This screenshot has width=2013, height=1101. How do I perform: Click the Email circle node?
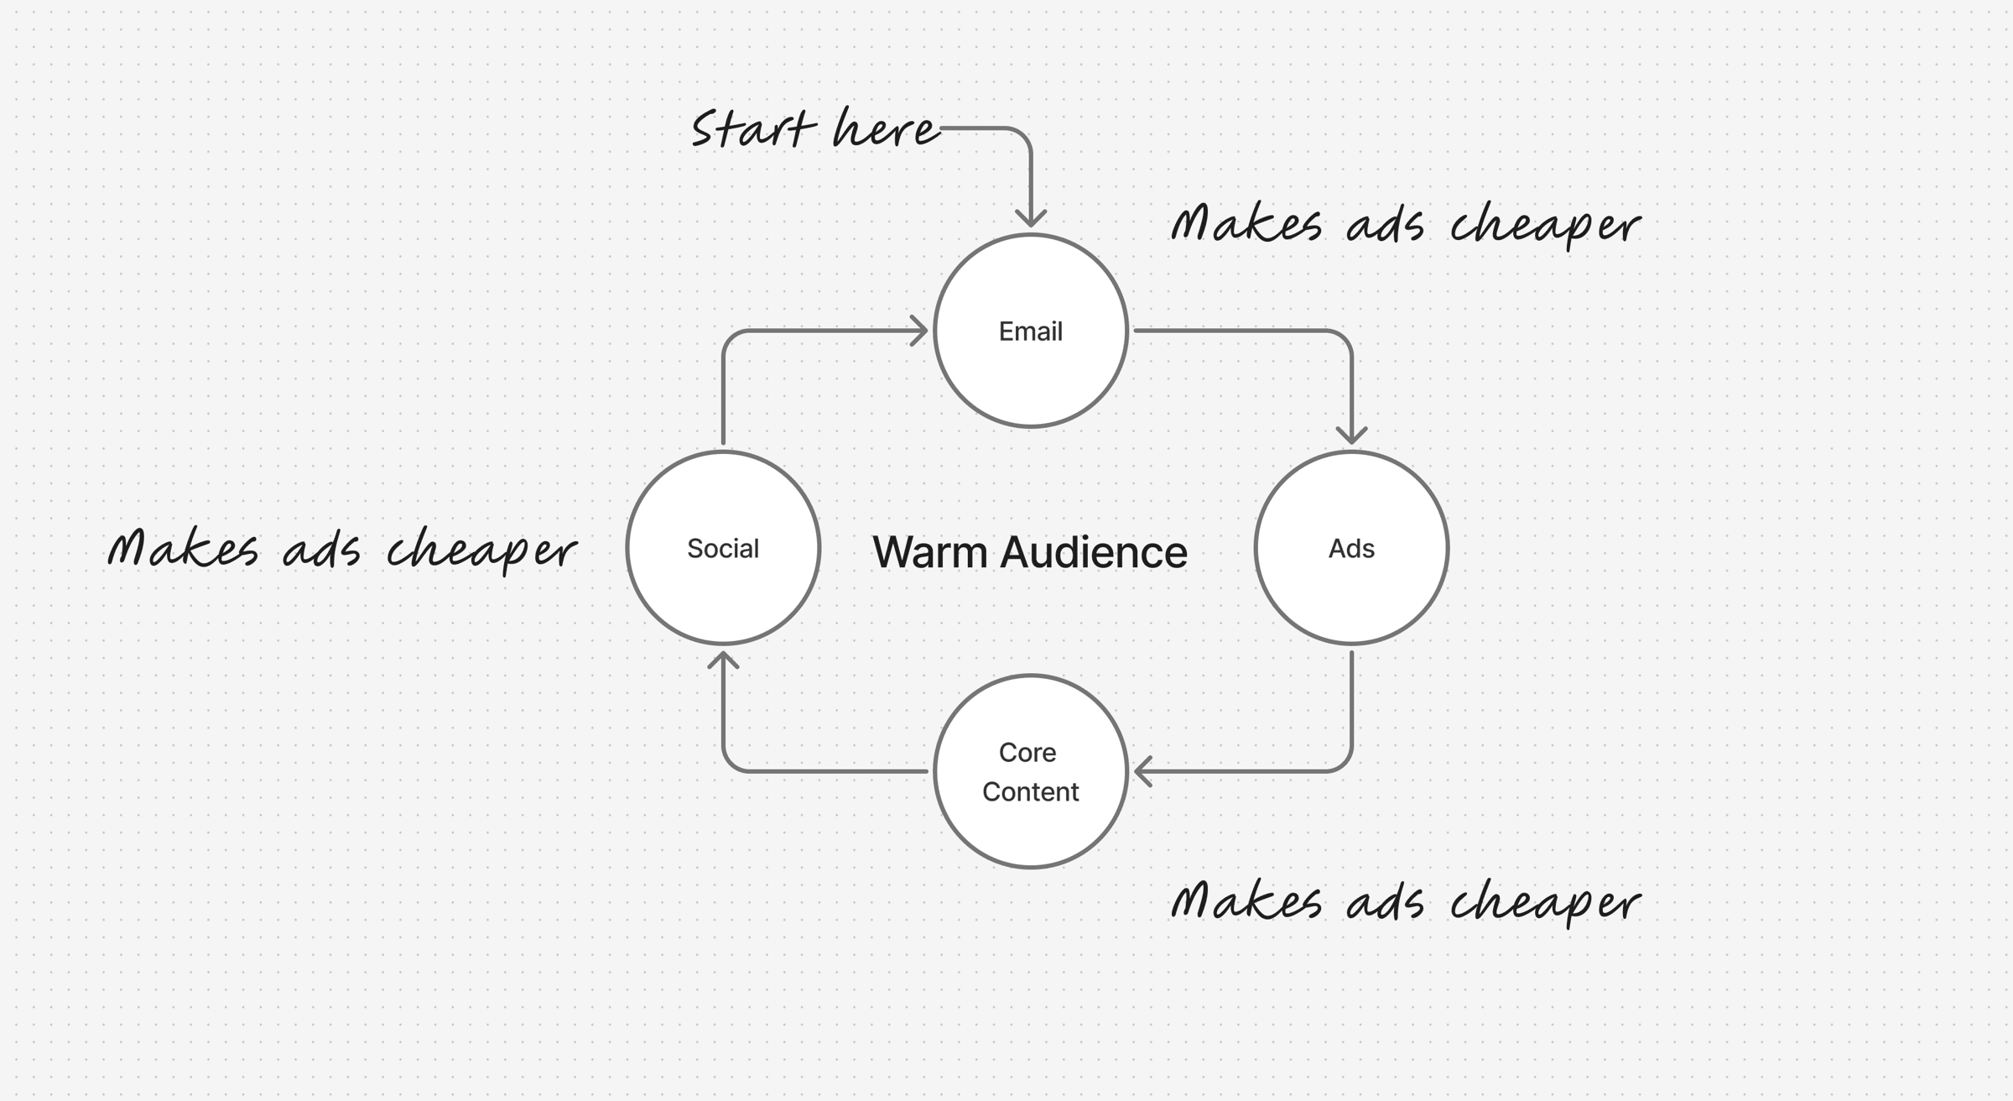[1030, 331]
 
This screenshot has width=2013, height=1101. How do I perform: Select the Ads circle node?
[1351, 548]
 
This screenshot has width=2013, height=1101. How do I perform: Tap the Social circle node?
[722, 548]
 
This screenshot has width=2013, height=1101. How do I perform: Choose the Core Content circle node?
[1030, 771]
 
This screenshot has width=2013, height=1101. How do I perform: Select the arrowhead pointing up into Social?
[723, 660]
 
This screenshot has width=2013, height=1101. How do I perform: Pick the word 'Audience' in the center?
[1094, 552]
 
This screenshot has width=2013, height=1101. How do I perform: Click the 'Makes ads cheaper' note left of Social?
[342, 550]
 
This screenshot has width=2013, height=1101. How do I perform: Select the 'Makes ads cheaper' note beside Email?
[1406, 224]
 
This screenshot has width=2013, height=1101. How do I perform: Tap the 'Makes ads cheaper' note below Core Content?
[1406, 901]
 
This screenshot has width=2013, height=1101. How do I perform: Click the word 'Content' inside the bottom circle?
[1030, 791]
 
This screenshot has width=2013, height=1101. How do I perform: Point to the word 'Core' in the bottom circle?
[1027, 752]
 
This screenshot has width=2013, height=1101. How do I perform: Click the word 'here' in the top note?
[886, 129]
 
